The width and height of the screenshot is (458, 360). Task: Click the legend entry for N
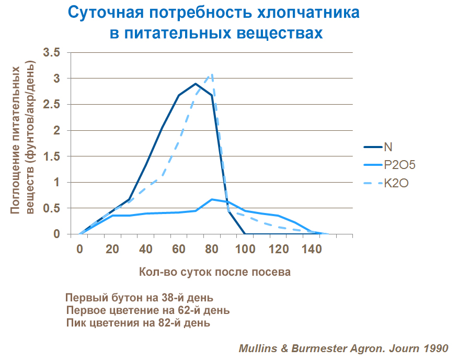(388, 147)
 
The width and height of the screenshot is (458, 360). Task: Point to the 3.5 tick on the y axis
(52, 53)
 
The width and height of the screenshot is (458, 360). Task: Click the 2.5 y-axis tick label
(52, 105)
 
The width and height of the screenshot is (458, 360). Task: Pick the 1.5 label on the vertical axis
(52, 156)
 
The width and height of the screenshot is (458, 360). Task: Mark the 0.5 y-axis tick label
(52, 208)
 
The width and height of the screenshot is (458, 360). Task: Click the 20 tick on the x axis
(112, 250)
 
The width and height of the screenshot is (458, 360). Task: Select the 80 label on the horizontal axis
(212, 250)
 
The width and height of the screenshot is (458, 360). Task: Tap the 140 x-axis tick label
(312, 250)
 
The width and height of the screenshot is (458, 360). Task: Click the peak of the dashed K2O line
(212, 74)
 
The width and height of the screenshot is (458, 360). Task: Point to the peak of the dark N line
(196, 84)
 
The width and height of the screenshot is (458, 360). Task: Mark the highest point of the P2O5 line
(212, 199)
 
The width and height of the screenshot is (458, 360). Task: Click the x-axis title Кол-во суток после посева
(215, 272)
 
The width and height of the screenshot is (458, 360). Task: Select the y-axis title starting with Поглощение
(24, 139)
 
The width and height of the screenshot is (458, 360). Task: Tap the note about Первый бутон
(139, 298)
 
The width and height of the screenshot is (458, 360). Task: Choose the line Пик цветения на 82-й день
(139, 323)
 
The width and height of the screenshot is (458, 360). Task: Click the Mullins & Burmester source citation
(344, 348)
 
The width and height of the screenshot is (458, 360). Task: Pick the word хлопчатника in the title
(306, 13)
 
